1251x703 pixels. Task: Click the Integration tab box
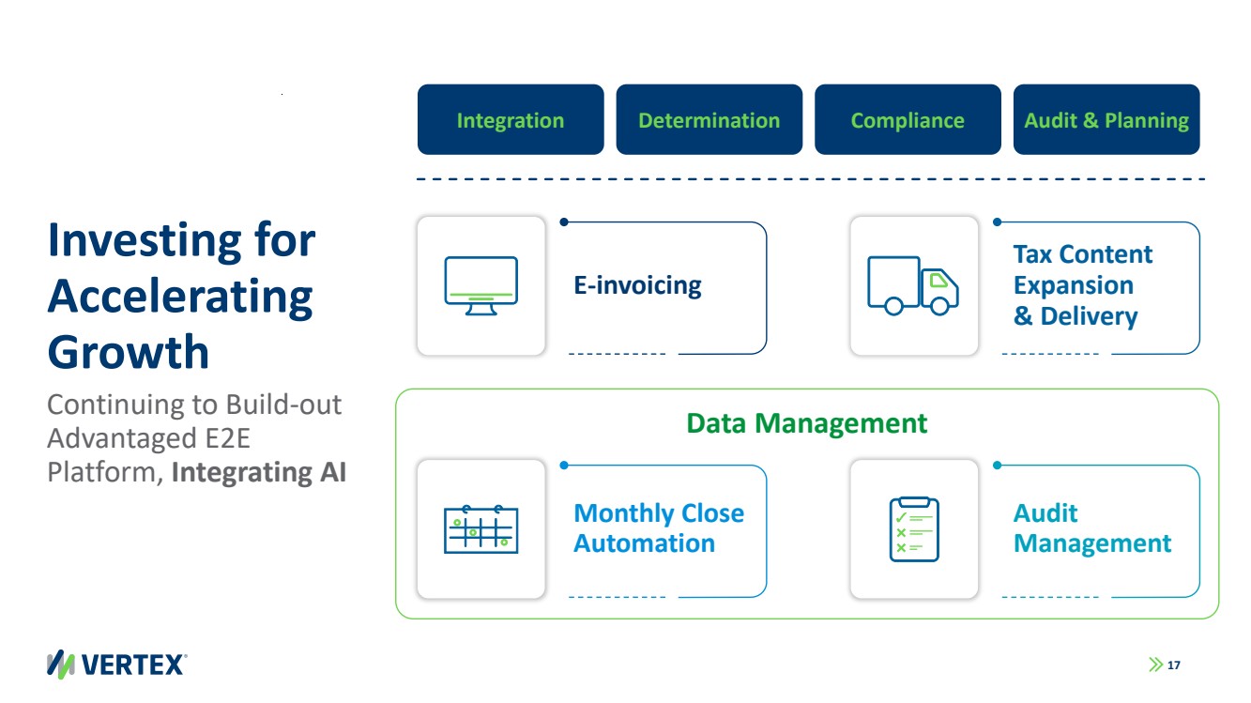click(x=511, y=120)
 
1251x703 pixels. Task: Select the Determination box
click(x=709, y=120)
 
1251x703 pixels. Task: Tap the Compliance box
click(x=908, y=120)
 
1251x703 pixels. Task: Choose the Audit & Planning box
click(x=1106, y=120)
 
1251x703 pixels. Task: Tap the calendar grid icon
click(x=481, y=529)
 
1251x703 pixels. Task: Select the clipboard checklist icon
click(x=913, y=529)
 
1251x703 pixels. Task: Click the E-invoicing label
click(x=637, y=284)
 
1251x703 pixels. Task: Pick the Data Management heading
click(x=806, y=423)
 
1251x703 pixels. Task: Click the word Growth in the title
click(x=129, y=352)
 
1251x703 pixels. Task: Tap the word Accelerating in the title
click(x=180, y=297)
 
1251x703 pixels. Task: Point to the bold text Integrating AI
click(x=259, y=471)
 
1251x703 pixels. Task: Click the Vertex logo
click(x=117, y=664)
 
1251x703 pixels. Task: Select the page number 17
click(x=1173, y=665)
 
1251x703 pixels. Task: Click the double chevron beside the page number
click(x=1154, y=665)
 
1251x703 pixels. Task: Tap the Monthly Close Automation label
click(x=658, y=528)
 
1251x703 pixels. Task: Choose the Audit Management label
click(x=1091, y=528)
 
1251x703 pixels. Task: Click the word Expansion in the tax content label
click(x=1073, y=285)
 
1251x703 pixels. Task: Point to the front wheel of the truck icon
click(x=938, y=305)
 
